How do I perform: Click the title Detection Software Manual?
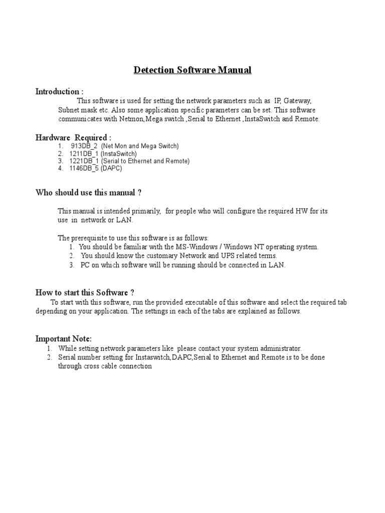[192, 70]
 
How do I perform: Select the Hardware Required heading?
[73, 137]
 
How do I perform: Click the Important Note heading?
[64, 339]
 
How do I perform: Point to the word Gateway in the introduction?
[298, 101]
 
